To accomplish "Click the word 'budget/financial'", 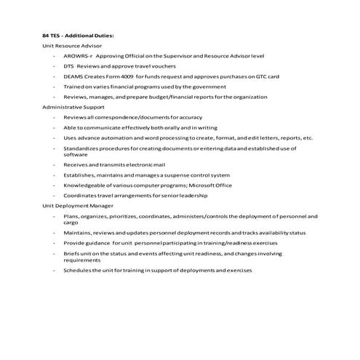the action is (180, 96).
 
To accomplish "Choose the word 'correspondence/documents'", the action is (119, 116).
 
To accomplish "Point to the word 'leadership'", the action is (193, 195).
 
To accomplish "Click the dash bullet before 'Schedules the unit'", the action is (54, 271).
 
